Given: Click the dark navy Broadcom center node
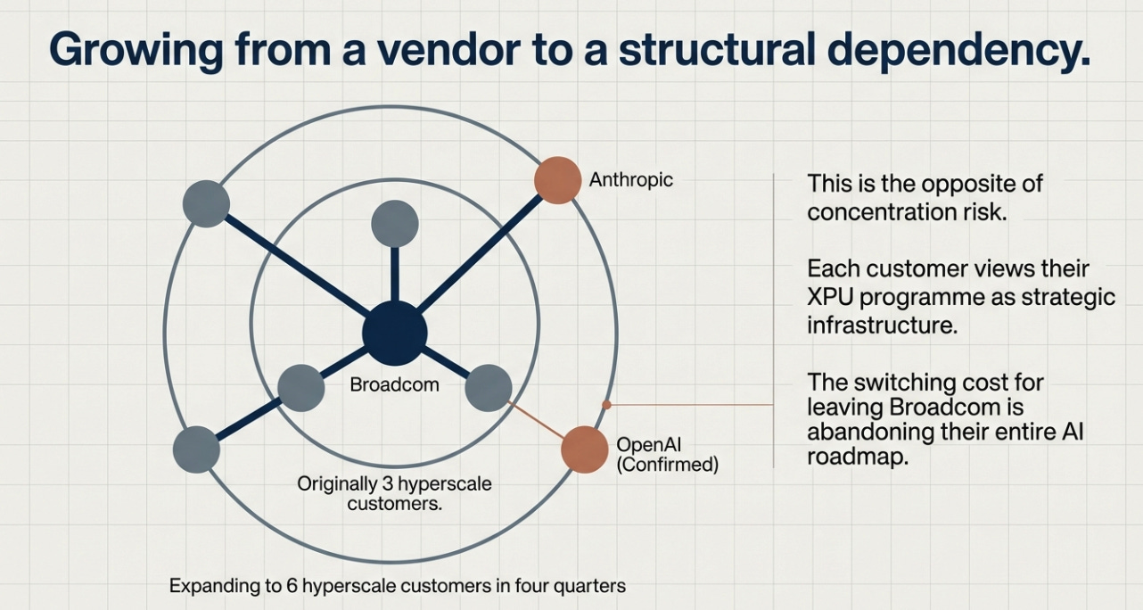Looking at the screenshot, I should coord(395,333).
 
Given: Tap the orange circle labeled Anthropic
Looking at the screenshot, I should coord(557,179).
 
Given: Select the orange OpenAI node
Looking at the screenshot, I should coord(584,449).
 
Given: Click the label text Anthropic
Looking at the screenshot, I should coord(630,180).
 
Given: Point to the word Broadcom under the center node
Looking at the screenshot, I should coord(394,386).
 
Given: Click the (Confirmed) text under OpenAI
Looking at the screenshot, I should coord(667,465).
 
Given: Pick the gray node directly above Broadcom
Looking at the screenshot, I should coord(394,223).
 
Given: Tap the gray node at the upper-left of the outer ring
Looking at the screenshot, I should coord(206,203).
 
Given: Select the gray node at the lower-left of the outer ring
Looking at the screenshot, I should coord(196,449).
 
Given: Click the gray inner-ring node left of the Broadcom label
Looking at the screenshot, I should coord(301,388).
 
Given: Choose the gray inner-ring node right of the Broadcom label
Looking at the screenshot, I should coord(489,388).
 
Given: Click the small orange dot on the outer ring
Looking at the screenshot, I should coord(606,404).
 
